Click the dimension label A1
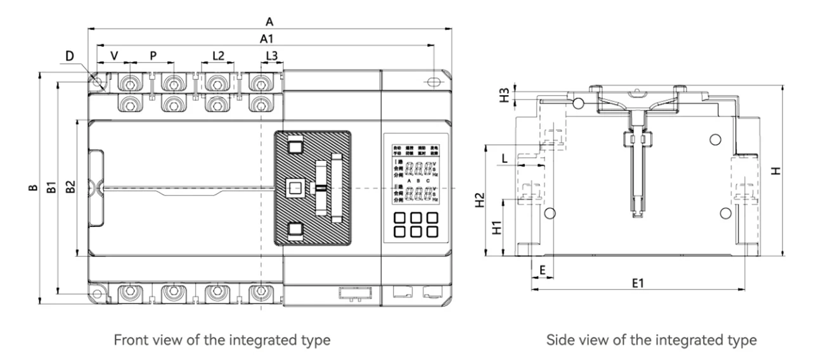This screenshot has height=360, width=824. point(267,39)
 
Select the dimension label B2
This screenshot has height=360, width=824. point(71,188)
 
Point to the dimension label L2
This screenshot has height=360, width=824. point(217,56)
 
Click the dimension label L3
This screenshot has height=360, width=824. point(271,56)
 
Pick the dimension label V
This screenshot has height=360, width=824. point(114,56)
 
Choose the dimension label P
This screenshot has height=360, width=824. point(153,56)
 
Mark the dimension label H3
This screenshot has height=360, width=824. point(504,96)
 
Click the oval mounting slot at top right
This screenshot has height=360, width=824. point(434,82)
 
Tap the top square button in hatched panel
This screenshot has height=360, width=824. point(295,146)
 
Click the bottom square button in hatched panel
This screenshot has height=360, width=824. point(295,229)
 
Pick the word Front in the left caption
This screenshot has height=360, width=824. point(129,340)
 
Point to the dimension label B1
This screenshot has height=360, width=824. point(53,188)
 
